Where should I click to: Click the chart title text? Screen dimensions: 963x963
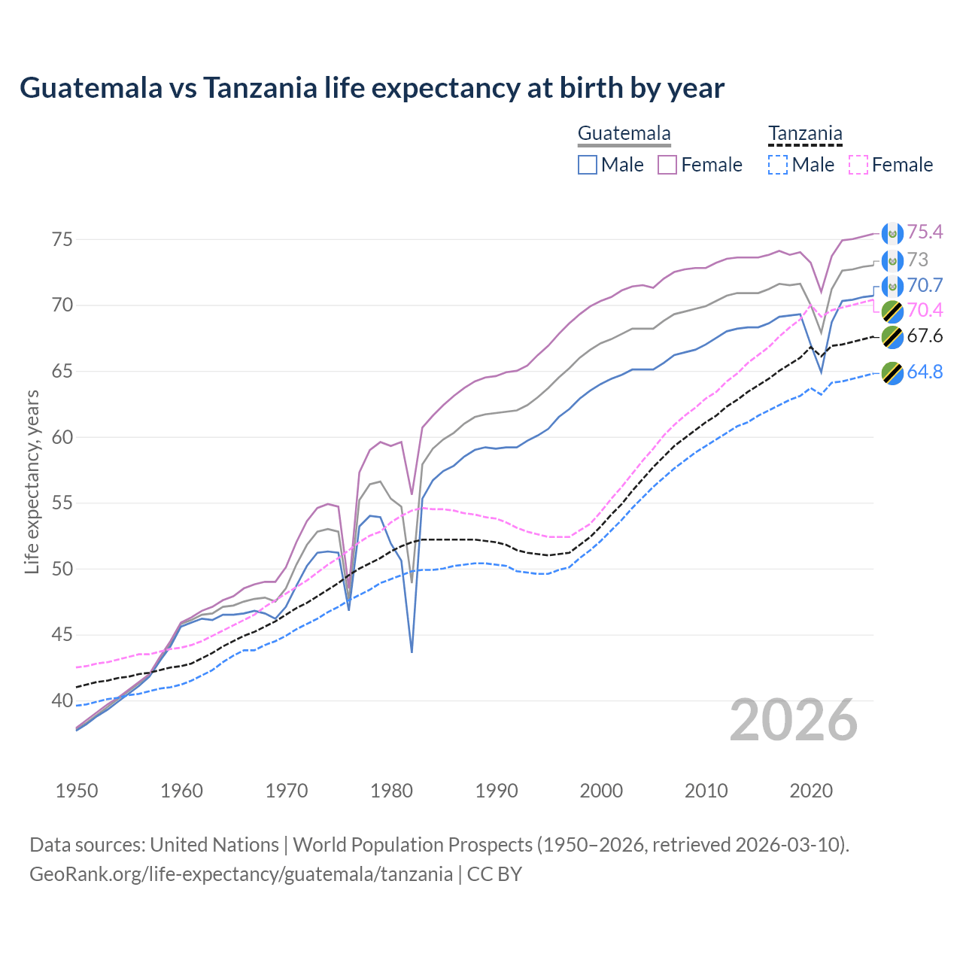pos(372,88)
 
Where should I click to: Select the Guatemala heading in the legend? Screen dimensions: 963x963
pos(624,134)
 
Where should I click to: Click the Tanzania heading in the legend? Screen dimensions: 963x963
pos(805,134)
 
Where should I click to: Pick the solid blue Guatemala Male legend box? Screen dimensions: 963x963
pos(588,165)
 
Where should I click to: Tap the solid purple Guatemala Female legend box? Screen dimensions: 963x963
pos(668,165)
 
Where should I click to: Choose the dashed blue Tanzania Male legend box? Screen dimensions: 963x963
pos(778,165)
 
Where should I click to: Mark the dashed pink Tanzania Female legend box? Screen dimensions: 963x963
pos(858,165)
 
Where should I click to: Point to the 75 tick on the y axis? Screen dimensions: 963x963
pos(62,240)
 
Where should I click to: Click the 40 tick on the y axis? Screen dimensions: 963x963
pos(62,700)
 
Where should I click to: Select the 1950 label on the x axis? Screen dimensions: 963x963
pos(77,791)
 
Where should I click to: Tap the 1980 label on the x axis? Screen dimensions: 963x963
pos(391,791)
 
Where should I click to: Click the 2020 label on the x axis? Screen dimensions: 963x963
pos(811,791)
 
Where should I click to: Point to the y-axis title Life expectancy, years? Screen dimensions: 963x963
pos(32,481)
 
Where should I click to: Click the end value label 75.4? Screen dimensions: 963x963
pos(925,232)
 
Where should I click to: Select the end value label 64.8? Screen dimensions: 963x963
pos(925,372)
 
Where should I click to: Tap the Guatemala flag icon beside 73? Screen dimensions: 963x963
pos(892,261)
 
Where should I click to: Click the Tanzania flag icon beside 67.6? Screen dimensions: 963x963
pos(892,337)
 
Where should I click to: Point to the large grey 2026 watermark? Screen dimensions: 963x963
pos(794,720)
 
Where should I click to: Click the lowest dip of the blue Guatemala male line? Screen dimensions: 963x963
pos(412,652)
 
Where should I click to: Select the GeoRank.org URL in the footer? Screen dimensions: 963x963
pos(241,874)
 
